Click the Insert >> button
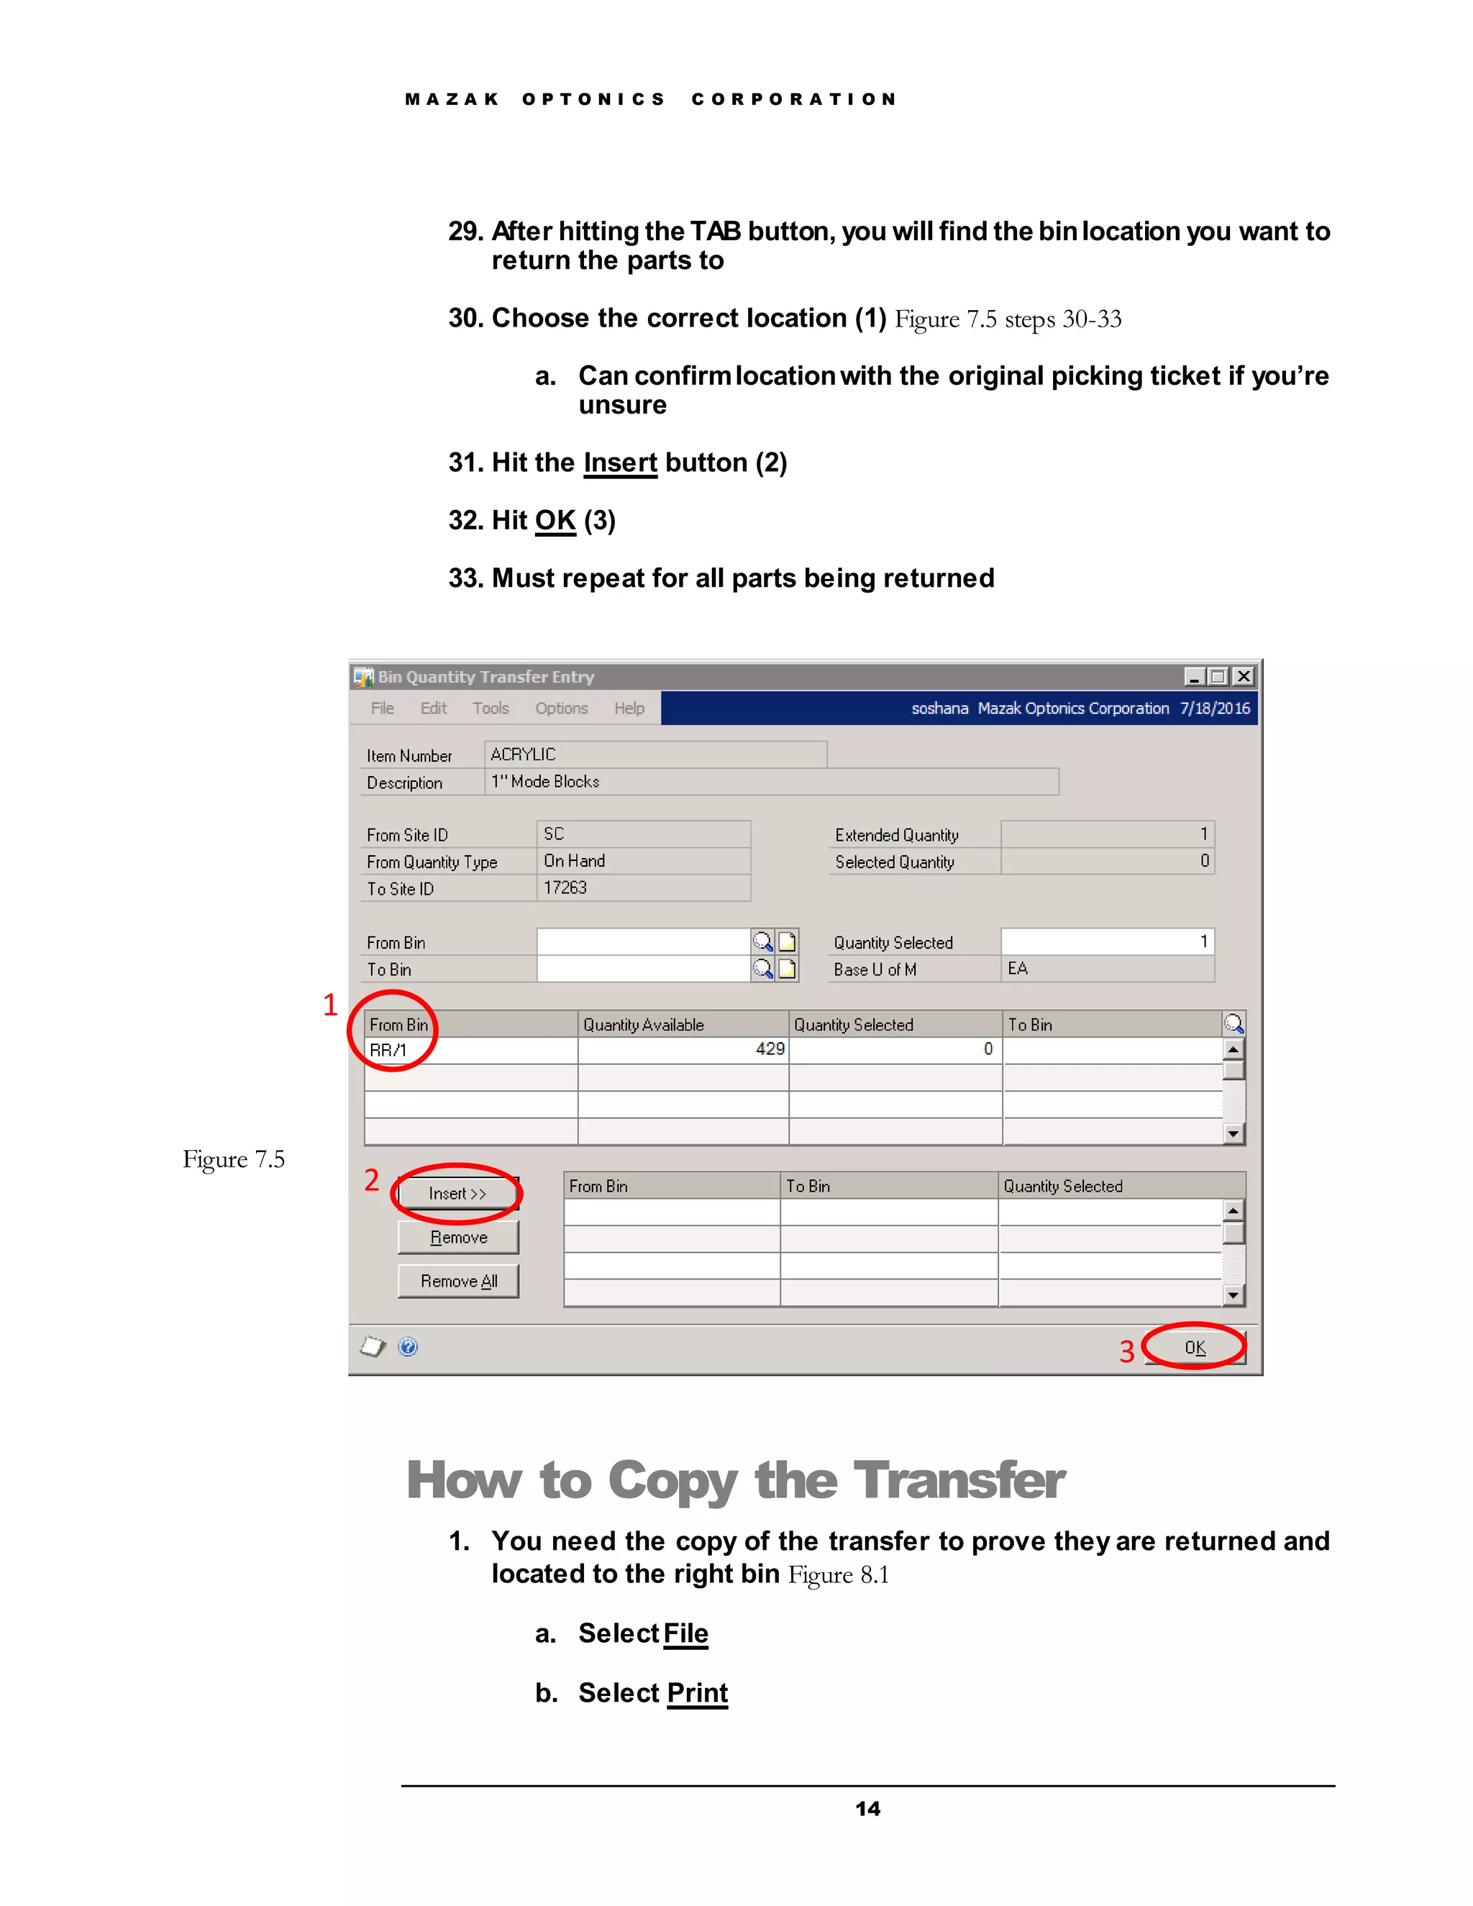(x=457, y=1193)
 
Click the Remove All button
(x=458, y=1281)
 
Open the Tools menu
(x=491, y=708)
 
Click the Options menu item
(x=561, y=708)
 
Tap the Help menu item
(x=629, y=708)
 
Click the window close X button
(x=1244, y=676)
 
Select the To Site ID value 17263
(x=565, y=888)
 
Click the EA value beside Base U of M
(x=1018, y=969)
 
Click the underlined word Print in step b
(x=696, y=1692)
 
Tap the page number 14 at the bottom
(x=867, y=1809)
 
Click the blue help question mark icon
(x=408, y=1346)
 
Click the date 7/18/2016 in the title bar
(x=1215, y=708)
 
